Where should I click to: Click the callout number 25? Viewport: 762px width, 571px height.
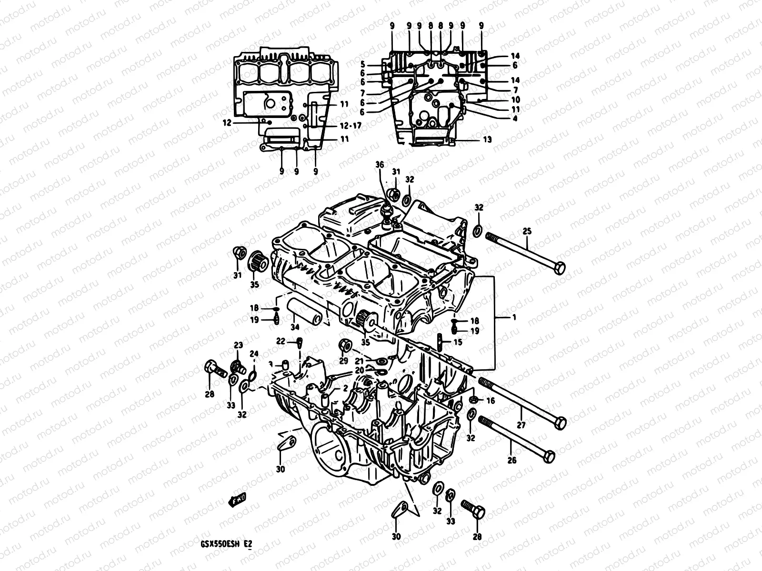coord(527,232)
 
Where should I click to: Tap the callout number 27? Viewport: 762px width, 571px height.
coord(521,424)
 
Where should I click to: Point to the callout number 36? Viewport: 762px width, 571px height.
coord(379,164)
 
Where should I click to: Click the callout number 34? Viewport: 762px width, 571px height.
coord(295,327)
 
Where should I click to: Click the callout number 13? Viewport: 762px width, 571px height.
coord(487,140)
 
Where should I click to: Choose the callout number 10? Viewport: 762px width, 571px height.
coord(515,100)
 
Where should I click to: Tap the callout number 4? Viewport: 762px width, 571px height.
coord(515,119)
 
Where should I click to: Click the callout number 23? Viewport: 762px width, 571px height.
coord(238,345)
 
